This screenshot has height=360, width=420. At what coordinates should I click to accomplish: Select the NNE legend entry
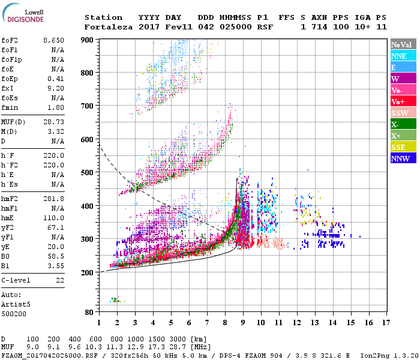[403, 56]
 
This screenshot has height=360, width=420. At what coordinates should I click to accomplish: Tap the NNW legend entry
[403, 158]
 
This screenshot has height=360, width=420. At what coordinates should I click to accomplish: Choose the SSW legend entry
[403, 113]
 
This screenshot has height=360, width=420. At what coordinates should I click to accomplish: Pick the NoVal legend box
[403, 44]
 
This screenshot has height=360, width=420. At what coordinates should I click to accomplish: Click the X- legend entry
[403, 124]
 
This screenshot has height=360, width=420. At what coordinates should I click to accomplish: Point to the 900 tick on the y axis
[88, 40]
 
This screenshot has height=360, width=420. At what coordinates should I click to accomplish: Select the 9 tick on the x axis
[243, 322]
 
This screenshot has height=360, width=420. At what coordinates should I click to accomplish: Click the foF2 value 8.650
[53, 40]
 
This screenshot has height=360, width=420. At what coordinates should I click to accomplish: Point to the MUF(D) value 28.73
[53, 122]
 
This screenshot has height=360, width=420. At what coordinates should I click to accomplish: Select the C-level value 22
[60, 280]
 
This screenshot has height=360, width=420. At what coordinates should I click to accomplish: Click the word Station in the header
[103, 17]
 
